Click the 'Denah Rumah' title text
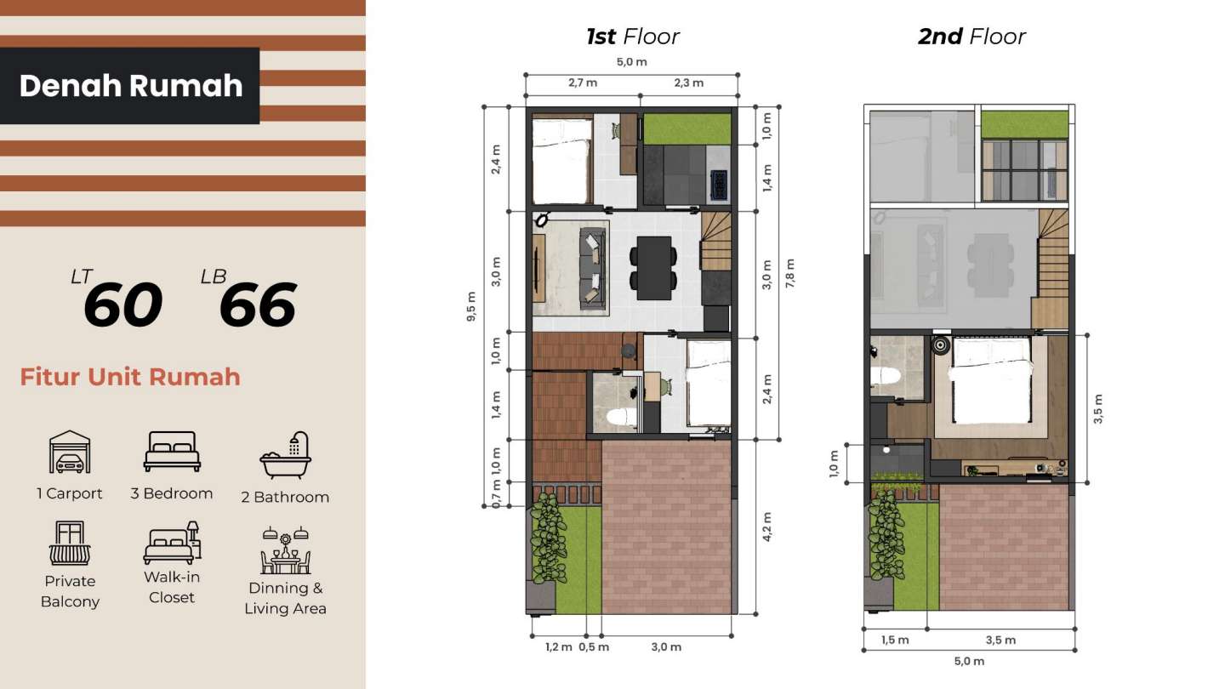[131, 86]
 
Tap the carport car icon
[70, 452]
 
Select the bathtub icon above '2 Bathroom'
[285, 455]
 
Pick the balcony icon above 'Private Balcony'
[70, 543]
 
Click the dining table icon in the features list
[285, 550]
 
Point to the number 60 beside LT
[123, 305]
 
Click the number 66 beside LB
[258, 305]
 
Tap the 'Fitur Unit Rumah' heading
[130, 377]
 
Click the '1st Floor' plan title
[632, 37]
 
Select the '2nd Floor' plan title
[971, 37]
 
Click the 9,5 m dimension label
[471, 306]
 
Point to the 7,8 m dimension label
[789, 273]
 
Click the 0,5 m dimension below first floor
[594, 646]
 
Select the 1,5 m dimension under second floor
[895, 640]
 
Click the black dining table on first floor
[653, 268]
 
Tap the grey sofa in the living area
[593, 268]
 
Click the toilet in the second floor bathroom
[886, 376]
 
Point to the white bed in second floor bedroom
[992, 380]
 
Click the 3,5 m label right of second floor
[1097, 408]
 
